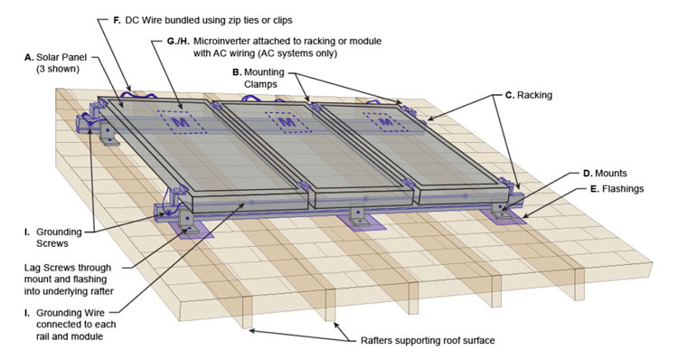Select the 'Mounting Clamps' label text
[259, 79]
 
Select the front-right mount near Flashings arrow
[503, 207]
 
